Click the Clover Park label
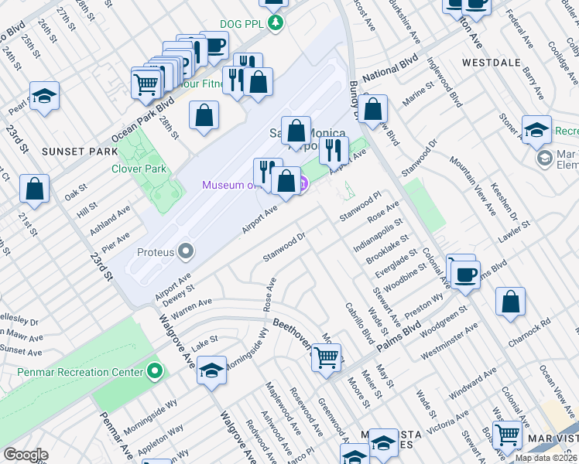(139, 168)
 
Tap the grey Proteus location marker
(185, 251)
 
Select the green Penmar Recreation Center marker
(156, 371)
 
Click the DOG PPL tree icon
(275, 23)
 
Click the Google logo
(26, 455)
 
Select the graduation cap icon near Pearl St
(44, 97)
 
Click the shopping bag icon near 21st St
(35, 189)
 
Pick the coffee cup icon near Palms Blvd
(465, 275)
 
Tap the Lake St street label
(205, 342)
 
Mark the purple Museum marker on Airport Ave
(303, 184)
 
